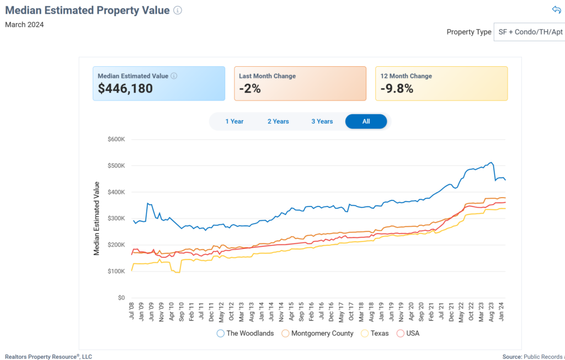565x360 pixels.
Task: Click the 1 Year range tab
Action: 234,121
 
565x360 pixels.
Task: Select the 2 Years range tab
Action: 278,121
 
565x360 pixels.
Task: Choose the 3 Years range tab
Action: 322,121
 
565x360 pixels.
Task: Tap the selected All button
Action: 366,121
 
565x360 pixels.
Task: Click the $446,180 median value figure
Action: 125,88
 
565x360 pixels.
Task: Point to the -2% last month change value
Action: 250,88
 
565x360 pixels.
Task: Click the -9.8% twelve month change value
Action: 397,88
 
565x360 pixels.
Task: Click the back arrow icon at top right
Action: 556,10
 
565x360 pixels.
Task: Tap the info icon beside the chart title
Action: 178,10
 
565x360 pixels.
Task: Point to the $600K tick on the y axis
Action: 117,139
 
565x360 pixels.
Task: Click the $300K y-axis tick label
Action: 117,219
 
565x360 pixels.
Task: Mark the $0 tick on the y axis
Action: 121,298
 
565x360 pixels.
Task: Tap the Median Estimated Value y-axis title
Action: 97,218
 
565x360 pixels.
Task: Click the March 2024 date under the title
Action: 24,24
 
